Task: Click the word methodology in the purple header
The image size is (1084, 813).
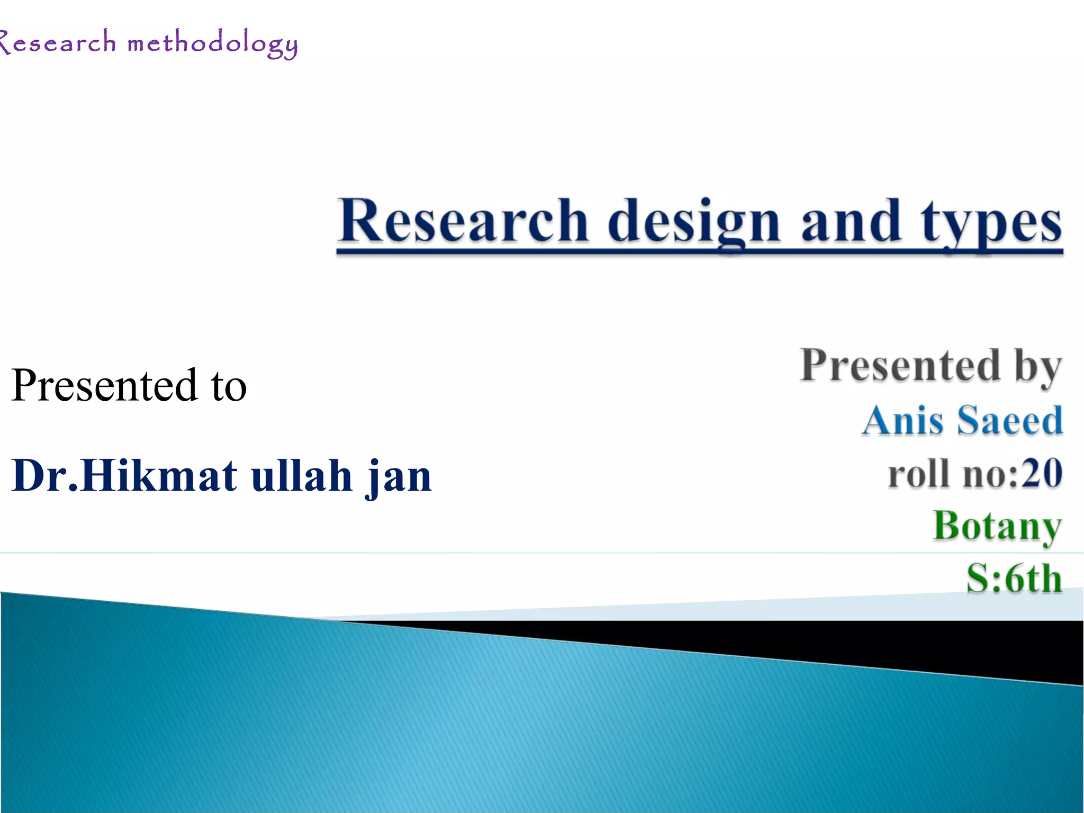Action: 212,44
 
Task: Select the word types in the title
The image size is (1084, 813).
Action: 991,222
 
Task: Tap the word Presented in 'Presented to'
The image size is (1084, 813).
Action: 104,385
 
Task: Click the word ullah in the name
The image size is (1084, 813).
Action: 301,475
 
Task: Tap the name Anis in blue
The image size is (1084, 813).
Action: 902,420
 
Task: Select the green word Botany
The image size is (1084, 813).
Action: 997,526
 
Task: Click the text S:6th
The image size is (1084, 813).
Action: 1014,577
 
